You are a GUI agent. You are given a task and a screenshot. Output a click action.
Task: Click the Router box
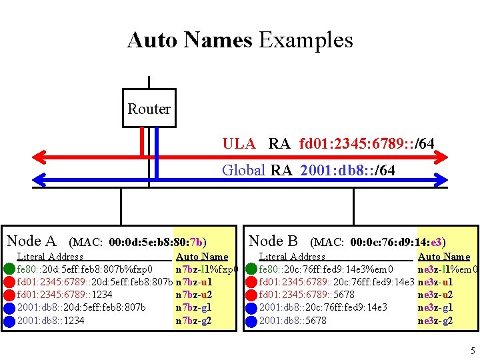tap(149, 108)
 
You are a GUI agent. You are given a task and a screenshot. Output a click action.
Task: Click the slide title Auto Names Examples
tap(240, 40)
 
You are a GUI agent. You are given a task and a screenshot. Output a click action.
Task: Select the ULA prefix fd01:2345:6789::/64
tap(367, 143)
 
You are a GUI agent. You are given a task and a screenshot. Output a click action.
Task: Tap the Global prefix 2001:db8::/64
tap(347, 170)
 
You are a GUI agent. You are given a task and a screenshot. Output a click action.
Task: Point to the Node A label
tap(31, 241)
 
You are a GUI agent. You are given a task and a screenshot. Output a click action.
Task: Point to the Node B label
tap(273, 241)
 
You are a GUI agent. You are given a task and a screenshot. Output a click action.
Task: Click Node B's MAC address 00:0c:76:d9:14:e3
tap(398, 242)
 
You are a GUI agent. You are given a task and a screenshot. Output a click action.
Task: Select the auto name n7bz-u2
tap(193, 295)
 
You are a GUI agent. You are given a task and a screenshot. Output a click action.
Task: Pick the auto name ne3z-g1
tap(435, 307)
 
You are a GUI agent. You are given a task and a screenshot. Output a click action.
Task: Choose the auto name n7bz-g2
tap(193, 321)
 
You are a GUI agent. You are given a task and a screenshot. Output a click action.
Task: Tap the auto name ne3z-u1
tap(435, 282)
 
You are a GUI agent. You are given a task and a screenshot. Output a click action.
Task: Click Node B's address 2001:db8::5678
tap(293, 321)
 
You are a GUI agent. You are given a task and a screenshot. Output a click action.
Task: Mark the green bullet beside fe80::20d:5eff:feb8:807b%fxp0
tap(9, 269)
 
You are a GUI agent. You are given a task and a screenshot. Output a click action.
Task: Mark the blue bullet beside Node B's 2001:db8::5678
tap(251, 321)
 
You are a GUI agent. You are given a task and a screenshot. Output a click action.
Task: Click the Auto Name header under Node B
tap(443, 257)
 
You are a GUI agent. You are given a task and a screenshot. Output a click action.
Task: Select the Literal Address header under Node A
tap(50, 257)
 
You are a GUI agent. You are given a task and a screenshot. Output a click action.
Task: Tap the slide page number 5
tap(472, 351)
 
